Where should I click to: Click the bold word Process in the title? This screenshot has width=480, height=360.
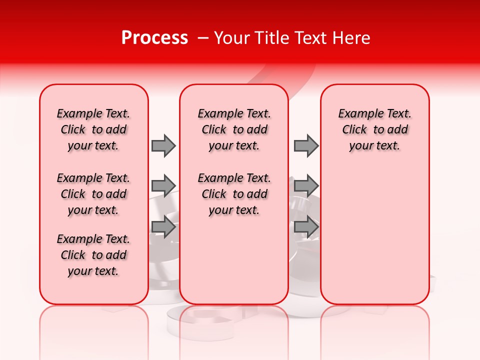click(154, 38)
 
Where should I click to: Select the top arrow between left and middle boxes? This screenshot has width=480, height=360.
click(163, 145)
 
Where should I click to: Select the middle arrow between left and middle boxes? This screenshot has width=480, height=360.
click(163, 186)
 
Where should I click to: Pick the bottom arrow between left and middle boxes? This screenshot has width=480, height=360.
click(163, 227)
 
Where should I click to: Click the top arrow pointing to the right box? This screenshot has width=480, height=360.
click(306, 145)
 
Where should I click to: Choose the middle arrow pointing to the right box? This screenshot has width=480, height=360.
click(306, 186)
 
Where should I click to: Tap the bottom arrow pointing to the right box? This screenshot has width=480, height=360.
click(306, 227)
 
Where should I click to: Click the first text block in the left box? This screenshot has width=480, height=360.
click(93, 129)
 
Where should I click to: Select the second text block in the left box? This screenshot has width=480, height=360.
click(93, 194)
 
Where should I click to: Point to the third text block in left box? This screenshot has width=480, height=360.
click(93, 255)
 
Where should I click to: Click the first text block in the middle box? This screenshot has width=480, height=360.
click(234, 129)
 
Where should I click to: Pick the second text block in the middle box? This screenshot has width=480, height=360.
click(234, 194)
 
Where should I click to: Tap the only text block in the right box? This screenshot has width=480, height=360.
click(374, 129)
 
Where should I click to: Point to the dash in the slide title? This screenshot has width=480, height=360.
click(202, 38)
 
